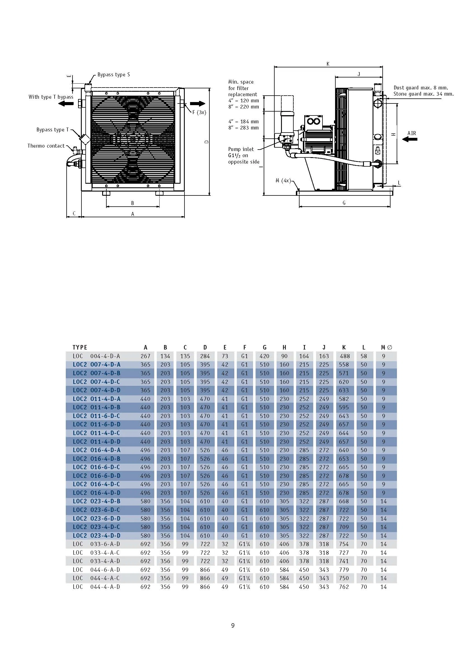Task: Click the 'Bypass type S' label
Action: click(x=113, y=75)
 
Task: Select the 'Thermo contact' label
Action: click(x=46, y=146)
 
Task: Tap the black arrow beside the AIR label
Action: click(x=410, y=139)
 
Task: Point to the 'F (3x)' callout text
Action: click(x=199, y=112)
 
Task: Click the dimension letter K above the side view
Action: click(x=328, y=64)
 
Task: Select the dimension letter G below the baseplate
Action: click(x=344, y=203)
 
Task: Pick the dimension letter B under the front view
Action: click(x=133, y=203)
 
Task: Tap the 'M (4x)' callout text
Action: click(x=283, y=181)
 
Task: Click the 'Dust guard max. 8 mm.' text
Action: click(x=421, y=88)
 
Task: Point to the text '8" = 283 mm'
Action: click(x=244, y=128)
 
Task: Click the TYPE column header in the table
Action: click(x=80, y=347)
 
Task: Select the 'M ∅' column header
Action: click(x=386, y=347)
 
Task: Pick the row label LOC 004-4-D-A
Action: click(x=96, y=356)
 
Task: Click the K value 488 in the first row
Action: click(x=344, y=356)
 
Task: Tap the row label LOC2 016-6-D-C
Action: click(x=96, y=467)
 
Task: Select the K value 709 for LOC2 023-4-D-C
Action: click(x=344, y=527)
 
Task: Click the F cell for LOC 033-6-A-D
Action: click(x=244, y=544)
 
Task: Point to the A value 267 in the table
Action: click(x=145, y=356)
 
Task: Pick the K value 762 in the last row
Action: click(x=344, y=587)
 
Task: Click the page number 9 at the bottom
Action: click(x=233, y=625)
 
